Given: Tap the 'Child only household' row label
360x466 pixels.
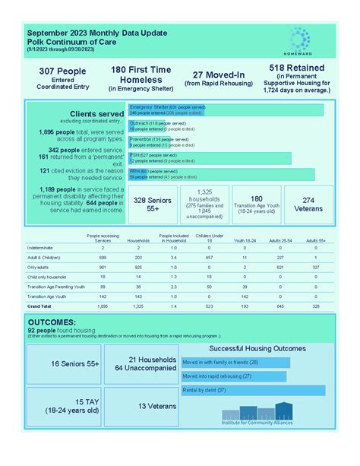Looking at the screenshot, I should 48,277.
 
